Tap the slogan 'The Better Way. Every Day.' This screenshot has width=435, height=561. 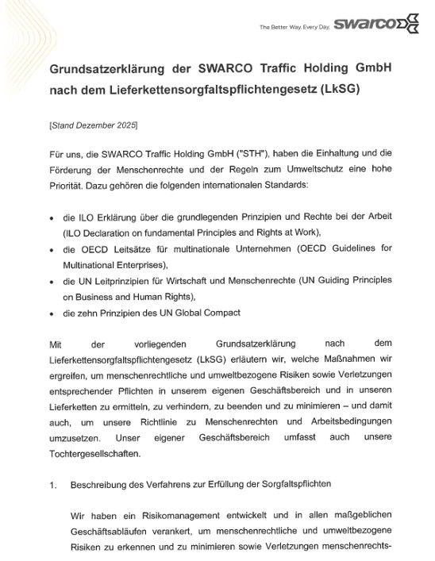pos(294,29)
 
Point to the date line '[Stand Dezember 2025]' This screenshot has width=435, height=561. pos(93,125)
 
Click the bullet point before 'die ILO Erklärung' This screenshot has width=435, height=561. pos(52,217)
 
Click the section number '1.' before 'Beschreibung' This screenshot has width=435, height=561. pos(53,485)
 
